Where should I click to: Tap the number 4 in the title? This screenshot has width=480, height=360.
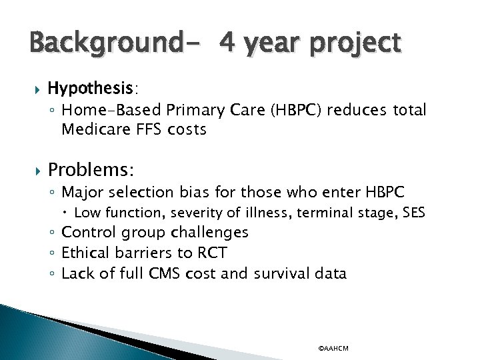pos(227,43)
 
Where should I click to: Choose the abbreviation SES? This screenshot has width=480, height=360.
pos(431,213)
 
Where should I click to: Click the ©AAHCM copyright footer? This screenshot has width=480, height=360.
pos(333,349)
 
